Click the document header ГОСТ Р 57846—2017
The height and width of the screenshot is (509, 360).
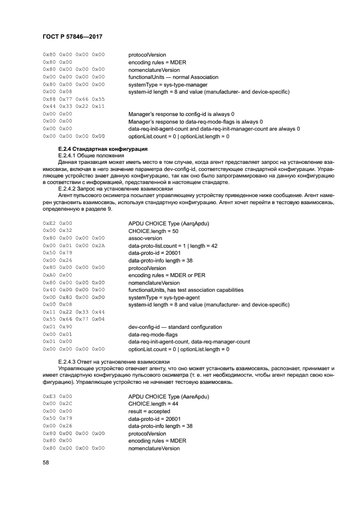(72, 36)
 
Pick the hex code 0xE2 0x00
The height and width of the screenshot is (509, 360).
(57, 223)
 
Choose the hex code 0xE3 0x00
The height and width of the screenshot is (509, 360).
(57, 396)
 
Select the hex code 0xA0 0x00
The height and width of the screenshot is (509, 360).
(57, 275)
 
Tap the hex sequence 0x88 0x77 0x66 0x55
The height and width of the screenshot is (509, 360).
(74, 99)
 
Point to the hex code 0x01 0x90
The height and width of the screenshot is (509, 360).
(57, 327)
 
